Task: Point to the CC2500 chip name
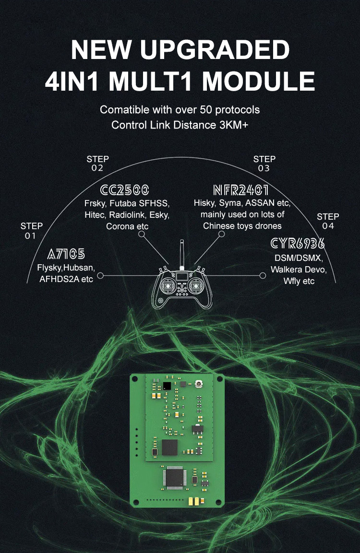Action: [x=125, y=189]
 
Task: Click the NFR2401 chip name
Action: [x=240, y=189]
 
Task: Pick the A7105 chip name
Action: [x=66, y=254]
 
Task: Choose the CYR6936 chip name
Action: [x=298, y=243]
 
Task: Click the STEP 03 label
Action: [x=264, y=164]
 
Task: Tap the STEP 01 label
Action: [x=31, y=230]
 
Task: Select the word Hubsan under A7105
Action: [x=79, y=267]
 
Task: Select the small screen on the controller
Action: [x=182, y=276]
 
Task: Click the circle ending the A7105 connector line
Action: [x=100, y=276]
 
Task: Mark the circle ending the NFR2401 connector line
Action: [x=221, y=234]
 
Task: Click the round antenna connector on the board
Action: [x=198, y=385]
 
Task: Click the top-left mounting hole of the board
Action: [x=136, y=378]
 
